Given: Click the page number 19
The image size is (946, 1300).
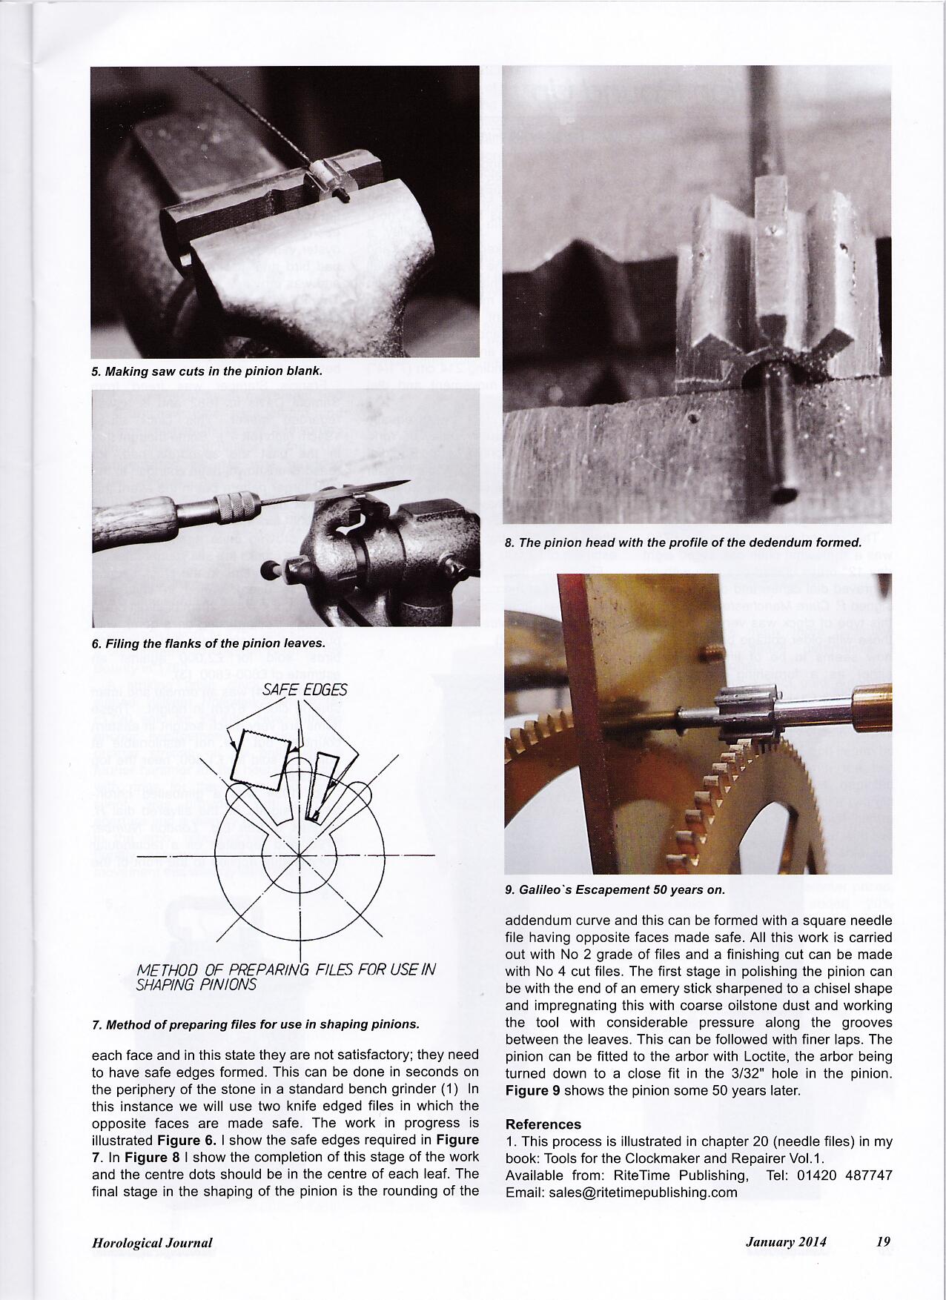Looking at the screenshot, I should pyautogui.click(x=883, y=1242).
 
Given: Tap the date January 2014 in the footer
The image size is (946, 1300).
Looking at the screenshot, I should pyautogui.click(x=786, y=1242).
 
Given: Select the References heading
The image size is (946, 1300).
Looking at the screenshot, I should pyautogui.click(x=543, y=1124).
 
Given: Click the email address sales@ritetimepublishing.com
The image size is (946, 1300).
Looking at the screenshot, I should pyautogui.click(x=621, y=1193).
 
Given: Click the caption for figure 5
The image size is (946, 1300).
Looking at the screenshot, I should pyautogui.click(x=206, y=371).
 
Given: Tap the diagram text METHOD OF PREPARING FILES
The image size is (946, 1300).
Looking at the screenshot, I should pyautogui.click(x=286, y=970).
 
